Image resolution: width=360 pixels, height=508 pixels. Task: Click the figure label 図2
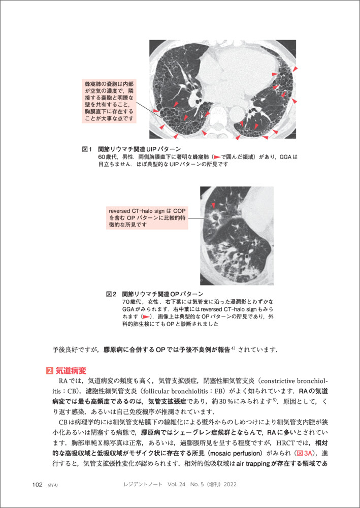pos(111,294)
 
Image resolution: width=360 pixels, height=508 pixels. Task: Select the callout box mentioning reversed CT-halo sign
pos(148,217)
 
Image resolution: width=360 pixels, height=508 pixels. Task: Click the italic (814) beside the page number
pos(53,485)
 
